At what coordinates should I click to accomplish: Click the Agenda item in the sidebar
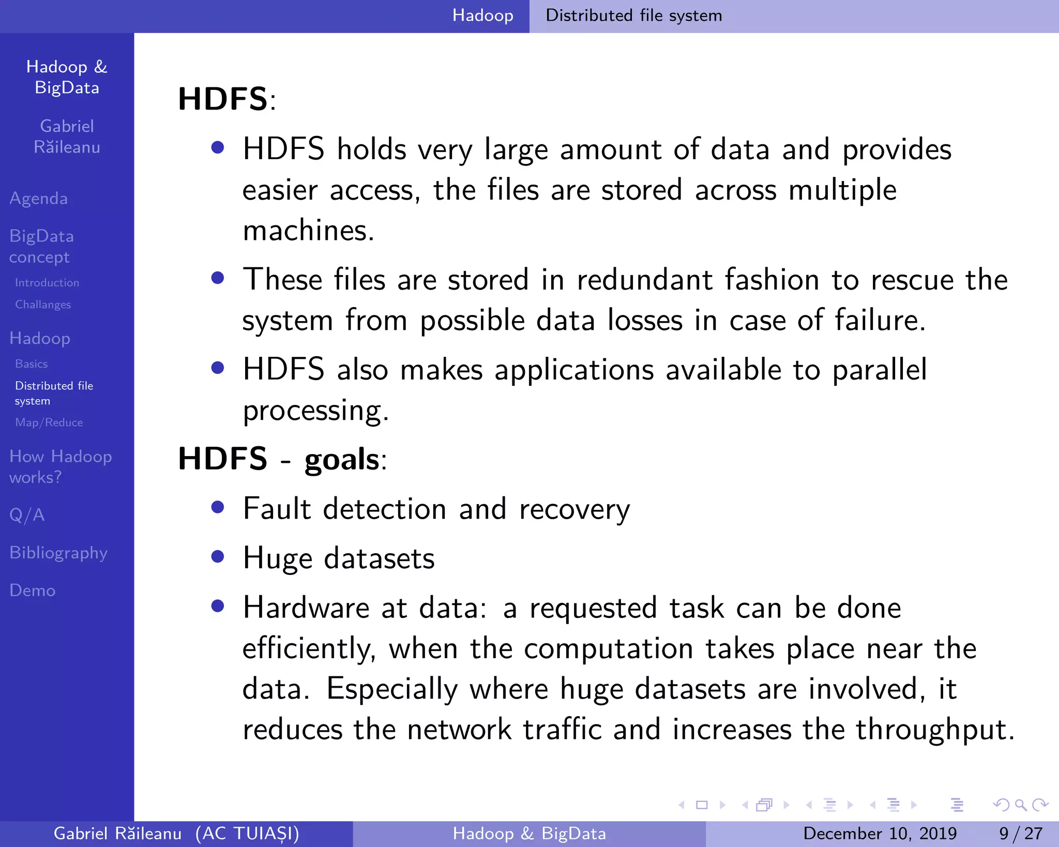(39, 199)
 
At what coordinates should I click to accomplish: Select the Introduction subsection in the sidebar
(47, 283)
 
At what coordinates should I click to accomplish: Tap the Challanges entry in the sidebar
(43, 305)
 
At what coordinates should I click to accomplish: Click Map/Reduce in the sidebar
(49, 422)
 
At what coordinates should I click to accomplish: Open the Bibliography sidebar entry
(58, 553)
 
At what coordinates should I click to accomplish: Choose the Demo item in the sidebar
(33, 591)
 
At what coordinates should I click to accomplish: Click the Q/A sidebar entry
(27, 515)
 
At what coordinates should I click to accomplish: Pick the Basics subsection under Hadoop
(32, 364)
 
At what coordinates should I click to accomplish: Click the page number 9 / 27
(1020, 833)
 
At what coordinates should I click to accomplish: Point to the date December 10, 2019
(880, 833)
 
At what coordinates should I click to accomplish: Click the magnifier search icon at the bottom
(1021, 805)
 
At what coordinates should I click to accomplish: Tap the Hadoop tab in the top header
(482, 16)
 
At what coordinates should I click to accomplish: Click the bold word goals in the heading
(342, 459)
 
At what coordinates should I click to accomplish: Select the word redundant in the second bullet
(645, 280)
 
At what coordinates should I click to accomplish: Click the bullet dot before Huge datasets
(218, 556)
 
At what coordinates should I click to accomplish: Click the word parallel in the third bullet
(879, 370)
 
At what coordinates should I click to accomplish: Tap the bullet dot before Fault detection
(218, 507)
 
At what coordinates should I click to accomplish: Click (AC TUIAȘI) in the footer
(247, 833)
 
